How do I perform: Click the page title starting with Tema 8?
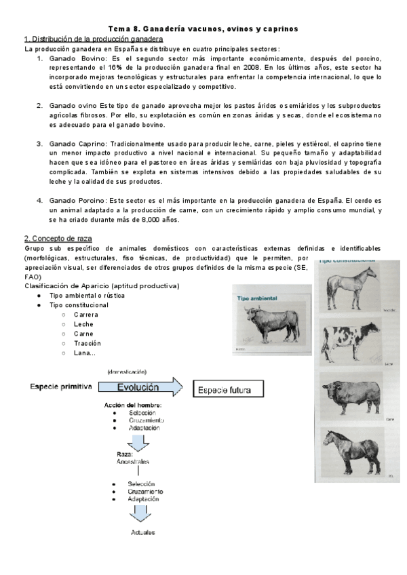click(x=203, y=28)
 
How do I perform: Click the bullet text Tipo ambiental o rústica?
click(x=87, y=296)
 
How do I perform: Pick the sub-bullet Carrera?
click(x=86, y=315)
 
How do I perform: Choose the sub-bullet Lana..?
click(x=85, y=353)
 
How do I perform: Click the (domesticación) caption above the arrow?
click(x=127, y=372)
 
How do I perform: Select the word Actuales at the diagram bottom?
click(x=142, y=532)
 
